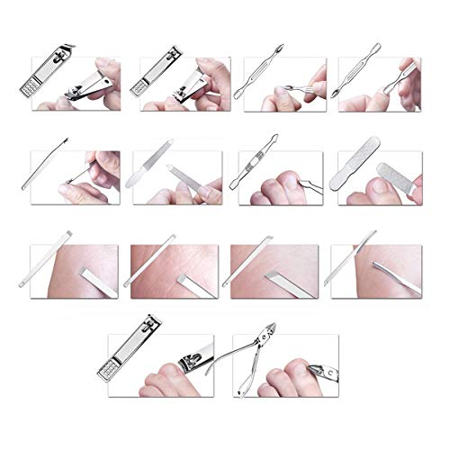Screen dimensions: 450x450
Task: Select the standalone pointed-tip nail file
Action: [149, 171]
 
